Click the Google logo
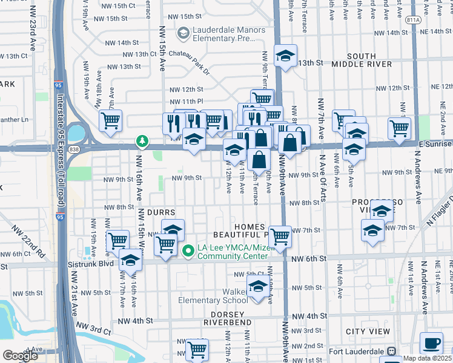pos(19,356)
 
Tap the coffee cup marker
pos(431,343)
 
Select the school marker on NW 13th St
pos(286,56)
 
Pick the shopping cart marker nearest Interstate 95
pos(110,120)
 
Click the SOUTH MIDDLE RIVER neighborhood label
pos(362,60)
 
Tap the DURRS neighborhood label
pos(160,213)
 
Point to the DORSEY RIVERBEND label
pos(231,319)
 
